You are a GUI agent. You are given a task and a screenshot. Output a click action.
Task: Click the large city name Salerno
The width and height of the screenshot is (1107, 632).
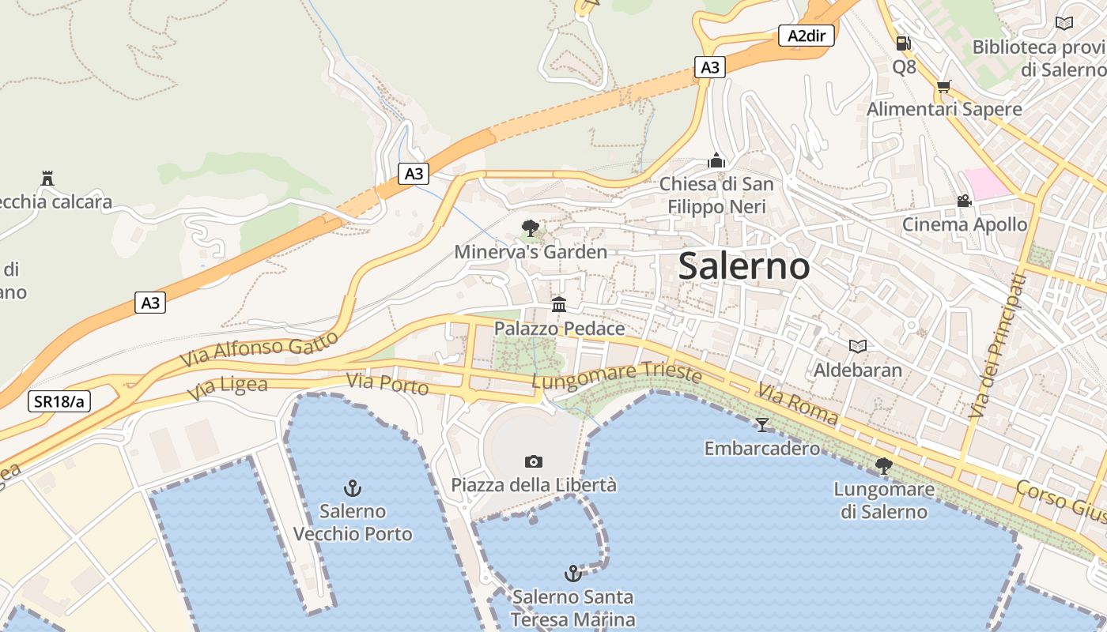744,266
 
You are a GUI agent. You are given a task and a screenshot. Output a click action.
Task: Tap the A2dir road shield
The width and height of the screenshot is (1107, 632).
807,36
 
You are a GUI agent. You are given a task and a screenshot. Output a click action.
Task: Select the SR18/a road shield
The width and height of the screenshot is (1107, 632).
59,401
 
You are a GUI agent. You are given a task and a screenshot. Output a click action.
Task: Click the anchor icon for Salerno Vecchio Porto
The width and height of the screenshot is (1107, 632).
353,488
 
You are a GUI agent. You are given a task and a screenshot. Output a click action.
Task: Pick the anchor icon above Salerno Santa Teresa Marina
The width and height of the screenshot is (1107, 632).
572,573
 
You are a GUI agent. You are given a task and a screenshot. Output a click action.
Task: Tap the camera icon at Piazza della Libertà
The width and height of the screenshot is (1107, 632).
534,461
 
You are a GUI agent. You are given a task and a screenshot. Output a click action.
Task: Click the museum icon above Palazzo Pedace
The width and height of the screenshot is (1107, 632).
559,304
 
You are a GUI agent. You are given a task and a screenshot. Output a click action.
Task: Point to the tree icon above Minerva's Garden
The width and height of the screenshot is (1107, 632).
531,228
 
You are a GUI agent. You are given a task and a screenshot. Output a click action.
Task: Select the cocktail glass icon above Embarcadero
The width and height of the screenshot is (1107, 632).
761,425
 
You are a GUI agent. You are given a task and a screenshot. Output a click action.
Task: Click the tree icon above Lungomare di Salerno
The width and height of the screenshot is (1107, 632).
884,466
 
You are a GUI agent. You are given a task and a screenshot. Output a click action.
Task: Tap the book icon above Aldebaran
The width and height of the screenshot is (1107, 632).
857,346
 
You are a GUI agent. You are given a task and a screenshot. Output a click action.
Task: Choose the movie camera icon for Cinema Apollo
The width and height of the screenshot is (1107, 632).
964,201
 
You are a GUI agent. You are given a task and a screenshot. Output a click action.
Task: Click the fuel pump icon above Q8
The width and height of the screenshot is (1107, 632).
904,43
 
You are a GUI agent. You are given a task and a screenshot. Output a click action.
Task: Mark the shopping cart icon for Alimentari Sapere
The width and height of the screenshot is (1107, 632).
943,86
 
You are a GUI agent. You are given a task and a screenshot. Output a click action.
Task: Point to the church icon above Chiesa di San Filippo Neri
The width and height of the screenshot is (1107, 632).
716,160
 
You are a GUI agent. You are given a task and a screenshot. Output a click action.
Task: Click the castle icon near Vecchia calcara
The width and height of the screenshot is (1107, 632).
47,179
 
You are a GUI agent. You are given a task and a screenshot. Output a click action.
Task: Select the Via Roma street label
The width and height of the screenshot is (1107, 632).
797,404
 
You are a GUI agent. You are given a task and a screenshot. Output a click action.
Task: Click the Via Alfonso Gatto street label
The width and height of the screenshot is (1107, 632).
259,348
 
